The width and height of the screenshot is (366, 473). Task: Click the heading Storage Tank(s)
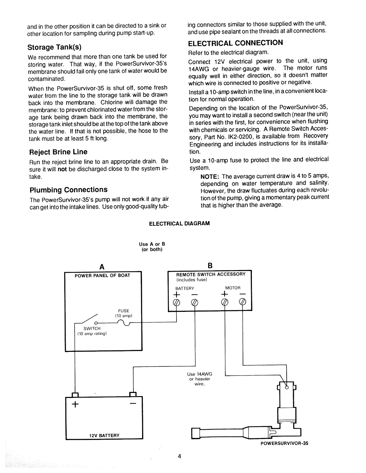click(x=54, y=47)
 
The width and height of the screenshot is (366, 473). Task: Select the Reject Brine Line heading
click(x=58, y=152)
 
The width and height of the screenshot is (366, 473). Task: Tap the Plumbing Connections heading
click(x=68, y=189)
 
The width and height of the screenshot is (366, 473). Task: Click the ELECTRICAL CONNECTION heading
click(x=235, y=43)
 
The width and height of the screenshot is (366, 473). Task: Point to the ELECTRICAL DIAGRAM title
click(x=179, y=223)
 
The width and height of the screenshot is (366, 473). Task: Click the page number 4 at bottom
click(x=180, y=456)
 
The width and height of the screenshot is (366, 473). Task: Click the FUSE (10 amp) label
click(x=124, y=313)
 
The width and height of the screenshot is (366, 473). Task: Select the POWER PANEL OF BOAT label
click(x=102, y=275)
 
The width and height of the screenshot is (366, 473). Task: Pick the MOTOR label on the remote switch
click(x=233, y=288)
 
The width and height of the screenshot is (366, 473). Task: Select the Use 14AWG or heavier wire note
click(x=200, y=379)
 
